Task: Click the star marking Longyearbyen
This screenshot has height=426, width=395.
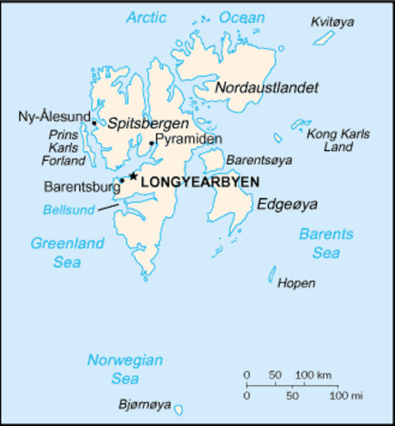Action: point(133,176)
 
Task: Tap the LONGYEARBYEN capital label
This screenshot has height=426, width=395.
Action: point(201,181)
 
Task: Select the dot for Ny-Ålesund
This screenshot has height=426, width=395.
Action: point(94,122)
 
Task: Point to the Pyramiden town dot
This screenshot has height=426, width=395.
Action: point(153,143)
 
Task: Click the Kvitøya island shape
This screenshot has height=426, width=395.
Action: point(326,37)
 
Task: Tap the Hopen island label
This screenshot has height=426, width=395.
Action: point(296,283)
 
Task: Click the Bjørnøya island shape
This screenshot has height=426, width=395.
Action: point(178,410)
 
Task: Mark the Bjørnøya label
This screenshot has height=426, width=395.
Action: point(142,405)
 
